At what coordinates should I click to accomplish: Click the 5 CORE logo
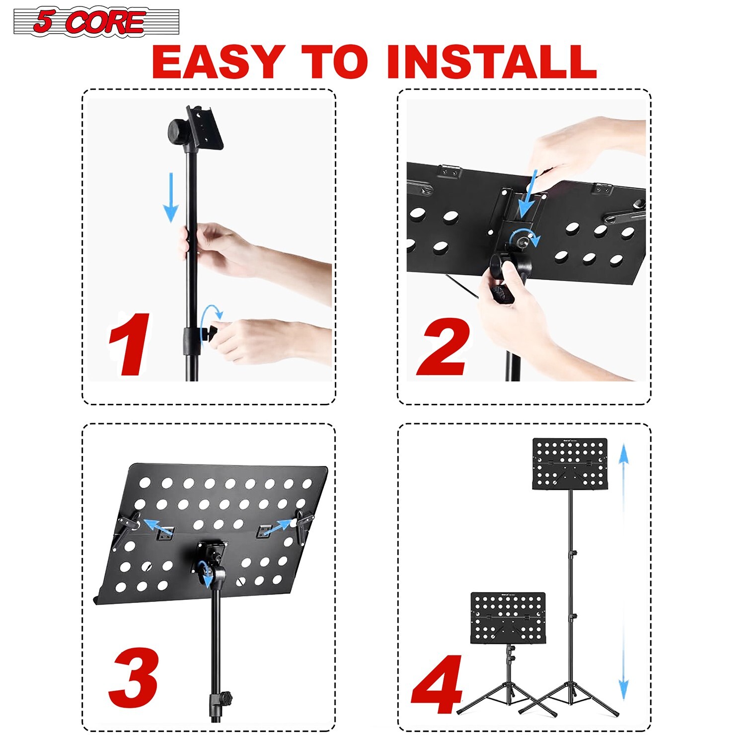[x=96, y=22]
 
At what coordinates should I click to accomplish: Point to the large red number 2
[x=444, y=348]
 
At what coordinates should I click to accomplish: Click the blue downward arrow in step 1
[x=171, y=197]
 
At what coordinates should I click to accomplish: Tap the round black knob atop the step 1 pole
[x=177, y=132]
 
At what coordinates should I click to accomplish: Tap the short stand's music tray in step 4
[x=508, y=618]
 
